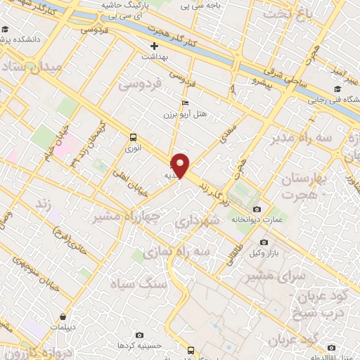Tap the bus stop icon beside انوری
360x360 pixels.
[x=133, y=137]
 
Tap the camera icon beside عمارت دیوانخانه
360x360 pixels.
[x=257, y=210]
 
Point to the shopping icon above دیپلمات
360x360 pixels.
[x=64, y=316]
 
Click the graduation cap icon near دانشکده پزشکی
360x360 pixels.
[x=6, y=30]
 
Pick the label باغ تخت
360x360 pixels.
[x=285, y=12]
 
